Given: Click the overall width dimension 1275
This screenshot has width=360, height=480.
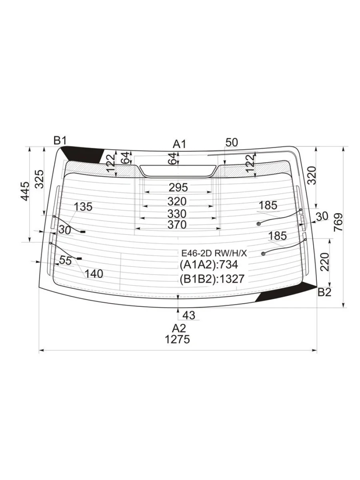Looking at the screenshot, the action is (x=177, y=340).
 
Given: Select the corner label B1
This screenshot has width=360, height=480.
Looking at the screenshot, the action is (x=60, y=141).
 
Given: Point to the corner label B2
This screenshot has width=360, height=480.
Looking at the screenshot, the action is (x=324, y=292).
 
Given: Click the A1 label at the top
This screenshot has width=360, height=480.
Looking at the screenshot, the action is (x=179, y=144).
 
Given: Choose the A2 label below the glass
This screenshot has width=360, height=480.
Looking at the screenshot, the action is (x=178, y=328).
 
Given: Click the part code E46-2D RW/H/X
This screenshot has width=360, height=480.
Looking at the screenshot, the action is (x=214, y=254).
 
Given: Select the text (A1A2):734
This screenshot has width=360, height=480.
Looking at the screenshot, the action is (x=209, y=265).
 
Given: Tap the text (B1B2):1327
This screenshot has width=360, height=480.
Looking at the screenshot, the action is (x=212, y=279).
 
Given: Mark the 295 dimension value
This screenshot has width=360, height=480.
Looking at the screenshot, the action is (x=178, y=187).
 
